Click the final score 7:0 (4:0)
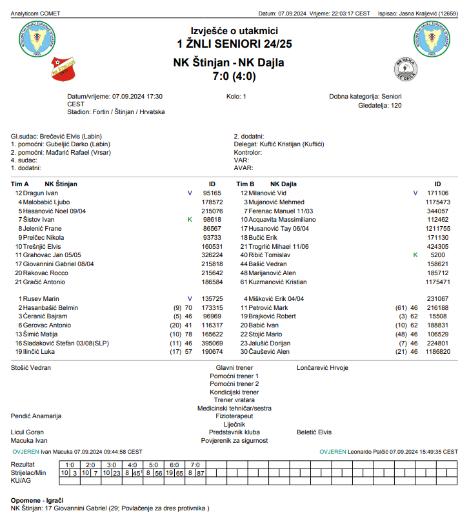coord(234,76)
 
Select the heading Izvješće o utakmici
coord(234,30)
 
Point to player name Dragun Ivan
coord(41,193)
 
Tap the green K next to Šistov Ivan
coord(190,220)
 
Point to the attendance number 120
coord(396,105)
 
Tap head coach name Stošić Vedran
coord(31,367)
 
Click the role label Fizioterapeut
coord(234,416)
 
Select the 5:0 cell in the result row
coord(153,465)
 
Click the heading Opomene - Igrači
coord(37,500)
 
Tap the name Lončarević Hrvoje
coord(322,367)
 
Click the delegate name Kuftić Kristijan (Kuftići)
coord(291,144)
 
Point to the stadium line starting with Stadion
coord(115,111)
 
